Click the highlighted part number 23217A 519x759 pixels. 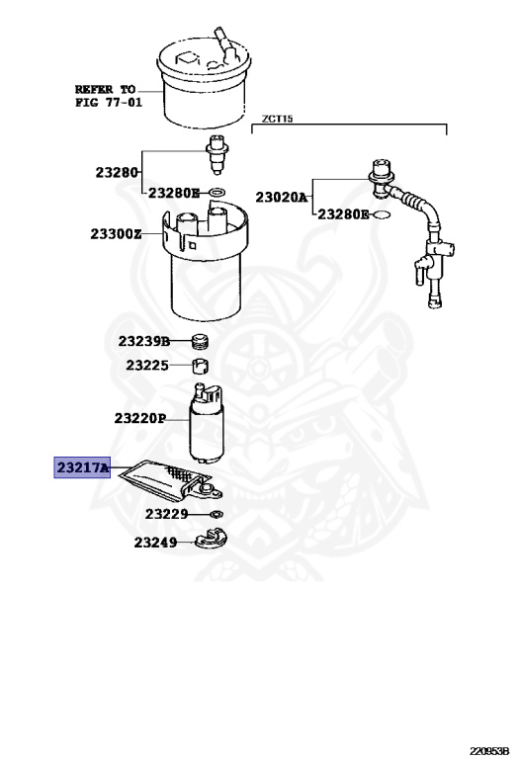[x=83, y=467]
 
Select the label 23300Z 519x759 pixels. [x=117, y=234]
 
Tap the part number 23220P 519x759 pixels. [x=140, y=418]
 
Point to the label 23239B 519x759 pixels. [x=144, y=341]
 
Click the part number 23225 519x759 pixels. [x=147, y=365]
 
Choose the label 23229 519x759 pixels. [x=166, y=514]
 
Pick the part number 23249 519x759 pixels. [x=155, y=543]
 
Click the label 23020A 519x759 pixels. [x=282, y=197]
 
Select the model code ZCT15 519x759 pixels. [x=278, y=119]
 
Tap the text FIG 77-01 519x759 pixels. [x=109, y=102]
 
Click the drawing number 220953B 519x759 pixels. [x=489, y=751]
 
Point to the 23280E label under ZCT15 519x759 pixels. [x=343, y=213]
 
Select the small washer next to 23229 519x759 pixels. [x=216, y=514]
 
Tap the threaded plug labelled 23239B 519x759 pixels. [x=200, y=341]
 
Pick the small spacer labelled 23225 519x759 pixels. [x=201, y=366]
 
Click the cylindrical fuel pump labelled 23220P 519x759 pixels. [x=206, y=422]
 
